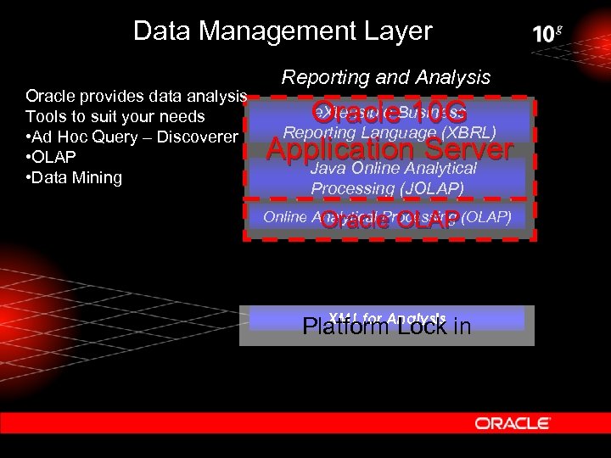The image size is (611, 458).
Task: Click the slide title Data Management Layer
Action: pos(283,31)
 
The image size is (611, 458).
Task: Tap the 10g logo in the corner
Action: pos(547,34)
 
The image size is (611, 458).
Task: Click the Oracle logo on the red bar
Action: pos(513,422)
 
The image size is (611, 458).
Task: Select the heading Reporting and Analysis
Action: pos(386,77)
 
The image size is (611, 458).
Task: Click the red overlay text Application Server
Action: pos(390,149)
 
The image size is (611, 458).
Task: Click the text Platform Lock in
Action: pos(386,327)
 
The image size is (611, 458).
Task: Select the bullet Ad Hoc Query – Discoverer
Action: pos(132,137)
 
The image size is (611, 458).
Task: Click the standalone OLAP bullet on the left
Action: pos(52,157)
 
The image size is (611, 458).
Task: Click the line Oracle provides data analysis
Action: pos(137,96)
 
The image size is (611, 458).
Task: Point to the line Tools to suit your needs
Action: pos(115,116)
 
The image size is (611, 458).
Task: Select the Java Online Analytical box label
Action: pos(394,169)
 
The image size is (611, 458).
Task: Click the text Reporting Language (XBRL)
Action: pos(390,132)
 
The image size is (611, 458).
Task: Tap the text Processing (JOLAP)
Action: pos(388,188)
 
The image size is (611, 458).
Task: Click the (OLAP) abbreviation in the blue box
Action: pos(487,216)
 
